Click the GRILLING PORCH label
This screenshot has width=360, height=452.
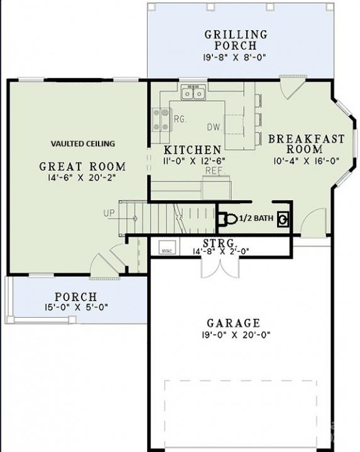click(x=235, y=40)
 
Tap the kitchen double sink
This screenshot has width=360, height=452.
click(x=193, y=94)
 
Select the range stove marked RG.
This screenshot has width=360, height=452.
click(x=161, y=119)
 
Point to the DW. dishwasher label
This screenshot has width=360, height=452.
click(x=215, y=127)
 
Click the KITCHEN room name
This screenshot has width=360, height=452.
click(x=192, y=150)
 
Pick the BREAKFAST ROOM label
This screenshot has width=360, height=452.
click(x=304, y=144)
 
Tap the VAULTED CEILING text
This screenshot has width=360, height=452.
click(x=82, y=144)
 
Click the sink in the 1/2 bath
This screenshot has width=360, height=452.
click(x=284, y=218)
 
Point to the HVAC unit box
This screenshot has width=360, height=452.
click(x=166, y=247)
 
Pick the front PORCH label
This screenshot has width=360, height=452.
click(x=75, y=296)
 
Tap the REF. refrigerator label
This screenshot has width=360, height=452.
click(x=214, y=170)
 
